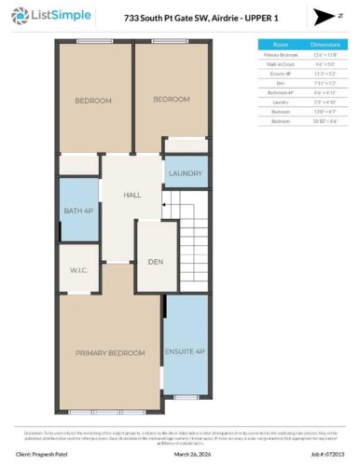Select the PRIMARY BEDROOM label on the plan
110,353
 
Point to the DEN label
156,262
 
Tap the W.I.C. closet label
77,271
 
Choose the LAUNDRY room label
186,173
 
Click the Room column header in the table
280,44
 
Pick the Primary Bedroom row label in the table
280,55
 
